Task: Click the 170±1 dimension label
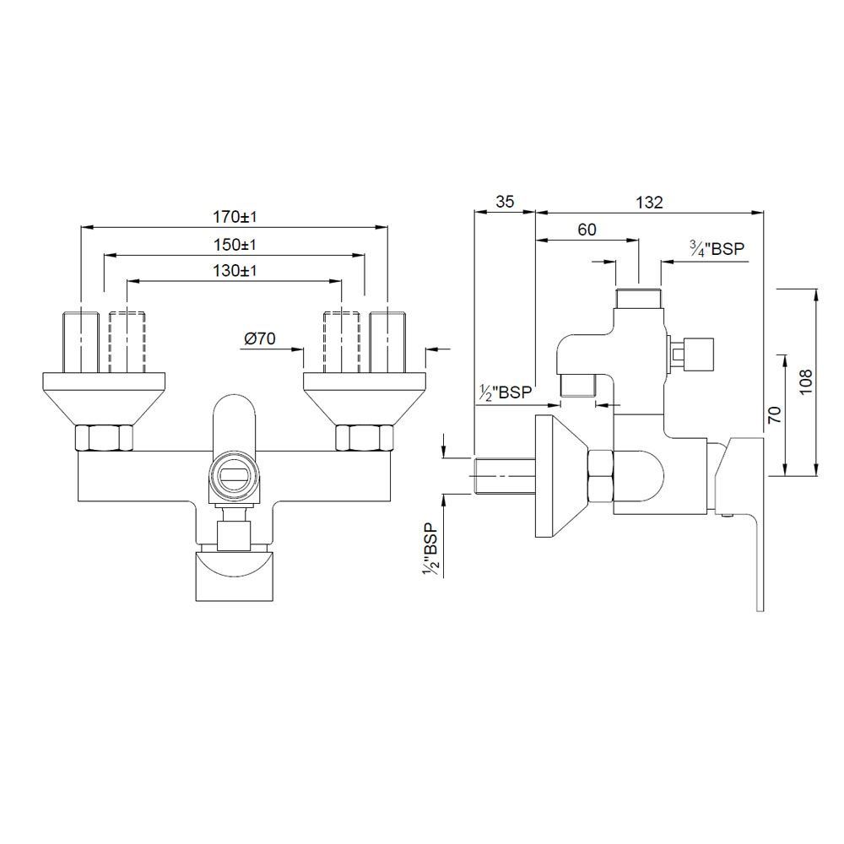point(234,217)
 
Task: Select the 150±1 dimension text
point(234,245)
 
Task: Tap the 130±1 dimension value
point(234,271)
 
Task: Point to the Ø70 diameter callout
point(261,338)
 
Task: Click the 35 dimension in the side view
point(504,202)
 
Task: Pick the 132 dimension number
point(649,202)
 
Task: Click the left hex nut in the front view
point(104,439)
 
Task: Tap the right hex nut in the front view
point(365,439)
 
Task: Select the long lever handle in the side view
point(757,540)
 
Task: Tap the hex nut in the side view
point(600,477)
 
